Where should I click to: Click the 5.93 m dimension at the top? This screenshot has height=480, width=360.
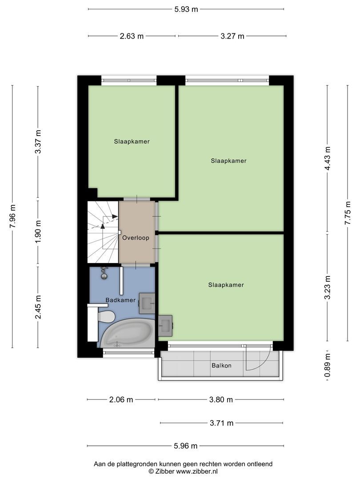(x=186, y=9)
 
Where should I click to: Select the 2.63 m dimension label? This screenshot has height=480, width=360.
(x=132, y=36)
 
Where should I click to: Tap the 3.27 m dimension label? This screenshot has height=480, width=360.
(x=232, y=36)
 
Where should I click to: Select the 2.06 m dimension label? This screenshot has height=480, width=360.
(x=121, y=400)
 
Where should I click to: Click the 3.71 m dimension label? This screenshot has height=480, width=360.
(x=221, y=423)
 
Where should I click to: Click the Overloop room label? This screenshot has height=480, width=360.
(x=136, y=238)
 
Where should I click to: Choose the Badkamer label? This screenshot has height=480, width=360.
(x=120, y=300)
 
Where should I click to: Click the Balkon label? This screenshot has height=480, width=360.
(x=221, y=366)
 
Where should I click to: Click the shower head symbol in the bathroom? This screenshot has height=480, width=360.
(x=104, y=273)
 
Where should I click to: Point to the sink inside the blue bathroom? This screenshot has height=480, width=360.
(x=147, y=303)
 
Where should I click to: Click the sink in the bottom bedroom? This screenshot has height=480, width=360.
(x=165, y=325)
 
